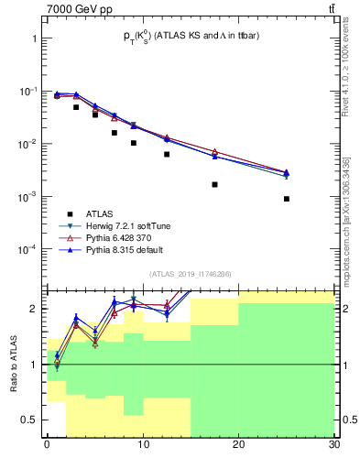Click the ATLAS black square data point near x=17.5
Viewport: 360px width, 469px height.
[x=214, y=184]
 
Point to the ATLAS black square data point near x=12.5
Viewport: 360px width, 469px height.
[x=167, y=154]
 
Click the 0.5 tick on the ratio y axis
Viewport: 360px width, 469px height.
[x=30, y=420]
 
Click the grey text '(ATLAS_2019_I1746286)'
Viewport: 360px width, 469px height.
[x=190, y=274]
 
